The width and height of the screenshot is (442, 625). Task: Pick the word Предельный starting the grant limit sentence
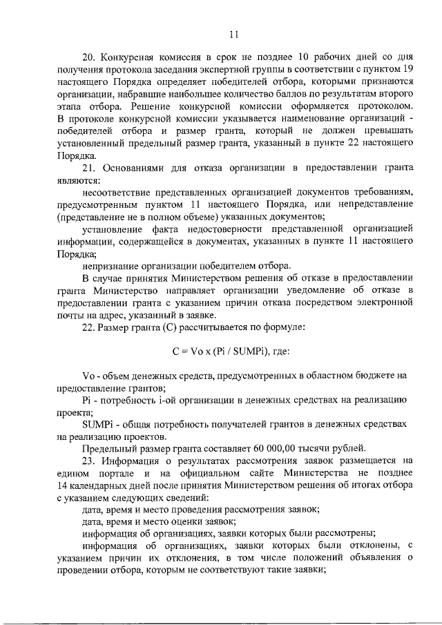(x=107, y=448)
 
